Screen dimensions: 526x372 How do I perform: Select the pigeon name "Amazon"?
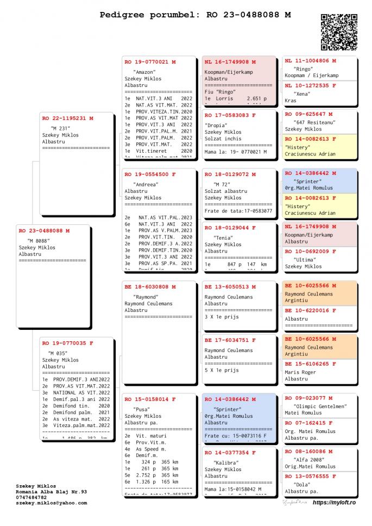pos(144,72)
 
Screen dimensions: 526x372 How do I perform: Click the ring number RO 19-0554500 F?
pos(150,174)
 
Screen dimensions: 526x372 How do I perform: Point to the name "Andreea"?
pos(146,184)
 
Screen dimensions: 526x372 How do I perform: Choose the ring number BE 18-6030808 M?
pos(150,286)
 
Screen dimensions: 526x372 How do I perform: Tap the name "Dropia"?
pos(216,125)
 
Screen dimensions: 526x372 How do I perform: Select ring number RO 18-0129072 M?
pos(230,174)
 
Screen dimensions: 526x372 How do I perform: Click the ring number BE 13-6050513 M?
pos(230,286)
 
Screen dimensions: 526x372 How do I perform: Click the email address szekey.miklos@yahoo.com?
pos(51,503)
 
